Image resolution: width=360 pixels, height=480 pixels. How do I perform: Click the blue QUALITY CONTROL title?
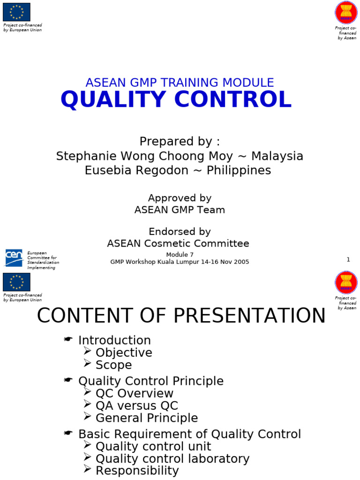click(176, 100)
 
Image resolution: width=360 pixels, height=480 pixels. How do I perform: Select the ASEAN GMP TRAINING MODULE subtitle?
click(180, 82)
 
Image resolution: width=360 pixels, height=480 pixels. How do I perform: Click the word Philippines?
click(239, 171)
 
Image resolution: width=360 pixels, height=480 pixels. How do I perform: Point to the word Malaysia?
click(277, 156)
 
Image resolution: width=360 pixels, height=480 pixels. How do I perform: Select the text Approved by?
click(180, 198)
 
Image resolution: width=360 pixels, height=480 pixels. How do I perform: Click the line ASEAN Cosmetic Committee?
click(178, 243)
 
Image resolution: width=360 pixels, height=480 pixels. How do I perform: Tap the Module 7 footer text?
click(180, 255)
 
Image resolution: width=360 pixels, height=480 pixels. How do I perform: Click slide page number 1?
click(348, 260)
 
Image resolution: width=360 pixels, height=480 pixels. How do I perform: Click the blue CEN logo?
click(14, 258)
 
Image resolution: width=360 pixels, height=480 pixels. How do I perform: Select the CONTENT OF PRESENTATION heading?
click(181, 316)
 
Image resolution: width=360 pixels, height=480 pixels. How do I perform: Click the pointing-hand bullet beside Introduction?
click(68, 340)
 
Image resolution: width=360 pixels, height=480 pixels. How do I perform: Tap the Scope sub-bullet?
click(113, 365)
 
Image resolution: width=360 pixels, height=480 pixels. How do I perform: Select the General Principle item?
click(146, 418)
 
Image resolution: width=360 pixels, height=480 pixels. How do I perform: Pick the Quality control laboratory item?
click(172, 458)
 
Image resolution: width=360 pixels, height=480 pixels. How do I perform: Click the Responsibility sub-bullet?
click(137, 471)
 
